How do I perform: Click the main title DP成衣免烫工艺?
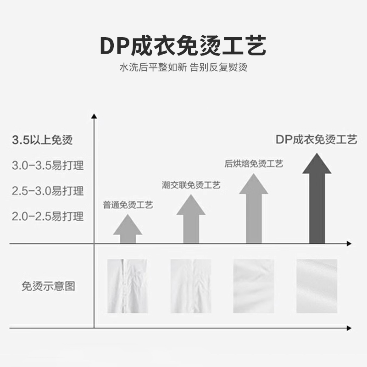(x=183, y=46)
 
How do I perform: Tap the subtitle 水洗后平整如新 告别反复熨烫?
(x=183, y=67)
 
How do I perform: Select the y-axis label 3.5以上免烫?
(x=42, y=140)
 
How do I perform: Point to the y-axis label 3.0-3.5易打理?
(x=47, y=165)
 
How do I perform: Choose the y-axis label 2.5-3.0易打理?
(x=47, y=190)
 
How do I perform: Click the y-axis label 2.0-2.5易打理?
(x=47, y=216)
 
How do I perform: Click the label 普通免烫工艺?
(x=128, y=205)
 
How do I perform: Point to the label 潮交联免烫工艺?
(x=191, y=185)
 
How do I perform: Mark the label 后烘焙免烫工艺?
(x=254, y=164)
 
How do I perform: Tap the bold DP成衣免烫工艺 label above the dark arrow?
(x=317, y=140)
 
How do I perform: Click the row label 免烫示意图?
(x=48, y=287)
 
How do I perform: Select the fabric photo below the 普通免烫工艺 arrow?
(x=128, y=286)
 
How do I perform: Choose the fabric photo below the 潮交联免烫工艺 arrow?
(x=190, y=286)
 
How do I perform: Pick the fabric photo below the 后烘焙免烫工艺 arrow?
(x=254, y=286)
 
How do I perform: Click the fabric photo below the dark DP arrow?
(x=317, y=286)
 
